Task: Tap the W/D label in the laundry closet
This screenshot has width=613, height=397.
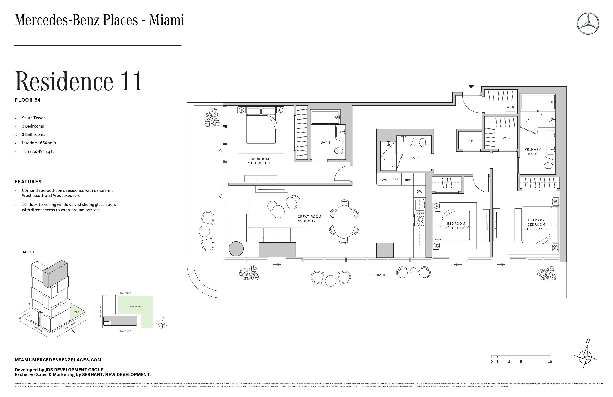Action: point(510,107)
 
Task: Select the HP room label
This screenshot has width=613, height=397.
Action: point(471,141)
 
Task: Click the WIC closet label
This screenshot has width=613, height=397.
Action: point(506,138)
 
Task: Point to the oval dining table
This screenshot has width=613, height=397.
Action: point(344,221)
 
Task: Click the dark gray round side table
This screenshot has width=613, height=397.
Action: point(236,249)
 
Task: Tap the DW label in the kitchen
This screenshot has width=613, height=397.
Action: point(419,192)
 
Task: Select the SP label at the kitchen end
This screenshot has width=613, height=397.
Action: point(419,251)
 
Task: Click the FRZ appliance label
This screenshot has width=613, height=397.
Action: point(396,179)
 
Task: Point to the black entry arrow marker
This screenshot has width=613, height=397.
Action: point(471,86)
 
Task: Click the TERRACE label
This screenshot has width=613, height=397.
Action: point(378,275)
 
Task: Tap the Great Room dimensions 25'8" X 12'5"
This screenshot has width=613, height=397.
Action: point(309,221)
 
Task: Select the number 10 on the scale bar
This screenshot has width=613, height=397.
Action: point(550,362)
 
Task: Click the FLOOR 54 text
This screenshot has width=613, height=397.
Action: point(28,100)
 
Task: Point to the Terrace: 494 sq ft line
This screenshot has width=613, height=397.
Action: point(38,151)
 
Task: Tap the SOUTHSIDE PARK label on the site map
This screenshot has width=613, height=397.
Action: point(135,307)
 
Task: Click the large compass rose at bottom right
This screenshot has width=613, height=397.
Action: point(585,357)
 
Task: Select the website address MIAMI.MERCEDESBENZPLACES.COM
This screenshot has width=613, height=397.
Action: point(58,360)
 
